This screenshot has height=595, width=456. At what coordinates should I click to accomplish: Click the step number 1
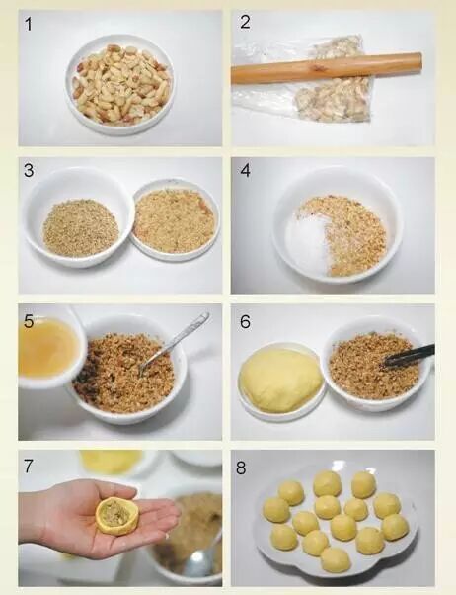(x=28, y=24)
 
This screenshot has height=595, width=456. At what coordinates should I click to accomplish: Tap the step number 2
(x=245, y=22)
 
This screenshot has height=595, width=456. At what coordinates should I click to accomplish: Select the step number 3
(x=29, y=170)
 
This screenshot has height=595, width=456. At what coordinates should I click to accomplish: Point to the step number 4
(x=245, y=170)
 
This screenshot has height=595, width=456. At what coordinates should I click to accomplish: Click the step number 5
(x=29, y=321)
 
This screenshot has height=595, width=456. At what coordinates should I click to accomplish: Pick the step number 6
(x=245, y=322)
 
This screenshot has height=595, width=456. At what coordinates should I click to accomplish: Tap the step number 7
(x=28, y=467)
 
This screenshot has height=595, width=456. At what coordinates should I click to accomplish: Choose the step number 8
(x=241, y=467)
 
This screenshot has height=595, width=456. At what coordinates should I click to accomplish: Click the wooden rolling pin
(x=327, y=68)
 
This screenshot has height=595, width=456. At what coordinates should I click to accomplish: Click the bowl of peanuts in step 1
(x=119, y=85)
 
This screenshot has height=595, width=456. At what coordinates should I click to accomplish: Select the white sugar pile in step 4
(x=307, y=243)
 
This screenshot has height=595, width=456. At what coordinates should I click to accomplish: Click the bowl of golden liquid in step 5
(x=48, y=348)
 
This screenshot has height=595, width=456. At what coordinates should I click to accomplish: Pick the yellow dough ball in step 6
(x=280, y=381)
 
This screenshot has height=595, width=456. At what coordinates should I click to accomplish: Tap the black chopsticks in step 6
(x=410, y=356)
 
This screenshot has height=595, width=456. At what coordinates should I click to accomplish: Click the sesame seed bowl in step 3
(x=79, y=217)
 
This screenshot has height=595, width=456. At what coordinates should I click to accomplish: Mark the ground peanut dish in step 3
(x=175, y=220)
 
